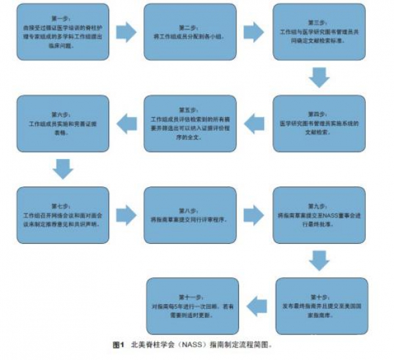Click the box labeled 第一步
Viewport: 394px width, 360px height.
click(60, 32)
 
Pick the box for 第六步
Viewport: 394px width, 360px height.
click(60, 123)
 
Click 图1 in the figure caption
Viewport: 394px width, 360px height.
click(118, 344)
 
